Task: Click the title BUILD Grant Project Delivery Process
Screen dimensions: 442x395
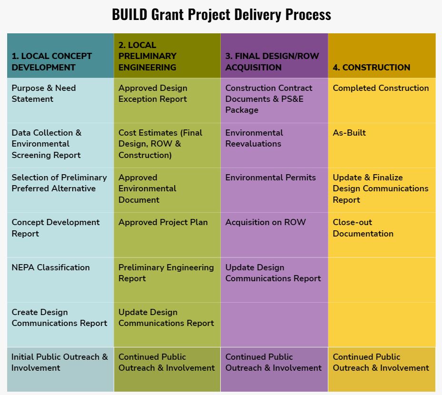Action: (221, 15)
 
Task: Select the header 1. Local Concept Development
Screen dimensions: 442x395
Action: (60, 56)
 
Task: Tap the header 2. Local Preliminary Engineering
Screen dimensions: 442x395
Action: (167, 56)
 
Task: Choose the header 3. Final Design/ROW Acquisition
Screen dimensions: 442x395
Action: (274, 56)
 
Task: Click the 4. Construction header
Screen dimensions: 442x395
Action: (382, 56)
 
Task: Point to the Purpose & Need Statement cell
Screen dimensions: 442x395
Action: (60, 100)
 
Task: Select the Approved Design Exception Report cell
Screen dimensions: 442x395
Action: (167, 100)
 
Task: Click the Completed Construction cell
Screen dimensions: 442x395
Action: (382, 100)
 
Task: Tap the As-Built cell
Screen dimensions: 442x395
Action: (382, 145)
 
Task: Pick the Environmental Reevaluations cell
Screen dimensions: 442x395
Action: (274, 145)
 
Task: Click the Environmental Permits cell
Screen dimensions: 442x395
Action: (274, 190)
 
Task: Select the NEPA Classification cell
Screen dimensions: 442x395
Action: (60, 280)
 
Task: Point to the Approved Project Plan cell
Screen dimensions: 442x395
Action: (167, 235)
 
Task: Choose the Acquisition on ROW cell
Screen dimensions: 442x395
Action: (274, 235)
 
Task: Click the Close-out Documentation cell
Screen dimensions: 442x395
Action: (382, 235)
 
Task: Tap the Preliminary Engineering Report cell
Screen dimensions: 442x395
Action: (167, 280)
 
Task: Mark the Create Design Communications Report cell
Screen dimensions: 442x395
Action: (60, 325)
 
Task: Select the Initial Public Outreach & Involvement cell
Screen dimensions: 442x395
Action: (60, 369)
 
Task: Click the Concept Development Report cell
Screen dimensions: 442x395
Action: (60, 235)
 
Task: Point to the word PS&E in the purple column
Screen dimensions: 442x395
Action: (292, 99)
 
